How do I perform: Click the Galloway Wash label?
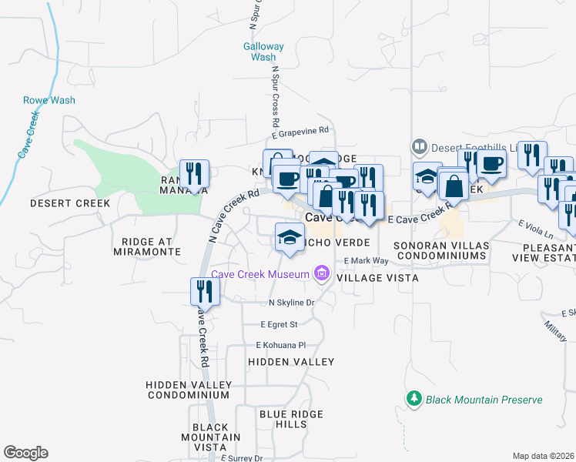point(264,52)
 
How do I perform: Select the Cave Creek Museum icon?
point(321,273)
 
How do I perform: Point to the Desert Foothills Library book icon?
point(419,145)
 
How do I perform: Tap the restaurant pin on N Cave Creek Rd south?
point(201,291)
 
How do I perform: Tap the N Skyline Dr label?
point(292,303)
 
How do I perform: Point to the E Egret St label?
point(279,324)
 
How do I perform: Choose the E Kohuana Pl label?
point(281,345)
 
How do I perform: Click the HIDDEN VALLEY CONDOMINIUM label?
point(189,389)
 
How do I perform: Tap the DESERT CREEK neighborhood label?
point(59,203)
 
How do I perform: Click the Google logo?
point(25,453)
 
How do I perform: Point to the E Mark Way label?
point(367,261)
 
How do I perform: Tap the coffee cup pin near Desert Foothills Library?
point(491,162)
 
